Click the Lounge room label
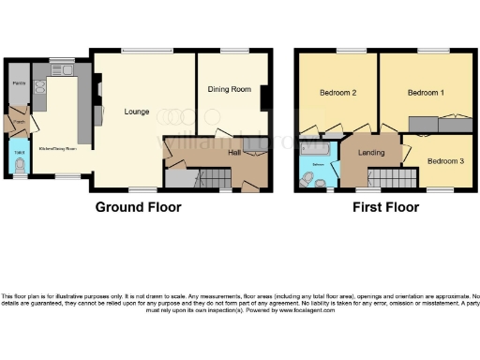(x=137, y=112)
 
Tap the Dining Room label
(x=230, y=90)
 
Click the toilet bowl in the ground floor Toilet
(x=19, y=165)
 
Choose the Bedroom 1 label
(x=427, y=94)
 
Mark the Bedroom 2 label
(x=337, y=93)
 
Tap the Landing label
(x=365, y=156)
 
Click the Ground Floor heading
(x=138, y=207)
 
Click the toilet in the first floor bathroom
(x=306, y=179)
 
